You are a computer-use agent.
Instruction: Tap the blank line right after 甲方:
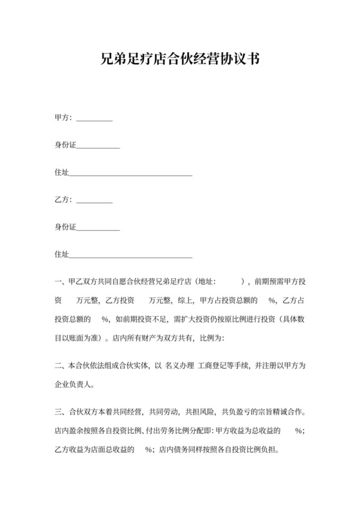point(94,120)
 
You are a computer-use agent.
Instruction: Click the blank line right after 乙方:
point(94,202)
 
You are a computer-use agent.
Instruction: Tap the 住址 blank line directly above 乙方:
point(130,174)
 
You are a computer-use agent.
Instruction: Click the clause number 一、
point(61,281)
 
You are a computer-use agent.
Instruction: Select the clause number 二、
point(61,366)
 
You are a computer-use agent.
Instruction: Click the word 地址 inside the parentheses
point(207,281)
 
